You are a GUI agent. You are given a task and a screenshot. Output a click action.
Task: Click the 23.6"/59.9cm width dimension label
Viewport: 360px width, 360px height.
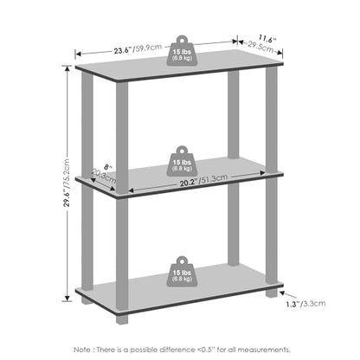pos(138,48)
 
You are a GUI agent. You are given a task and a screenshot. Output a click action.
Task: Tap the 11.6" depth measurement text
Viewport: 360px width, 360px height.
pos(267,38)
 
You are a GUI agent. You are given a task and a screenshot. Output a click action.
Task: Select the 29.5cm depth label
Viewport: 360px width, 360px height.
pos(260,47)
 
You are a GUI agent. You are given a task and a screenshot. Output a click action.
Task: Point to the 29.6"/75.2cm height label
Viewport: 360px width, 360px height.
pos(67,183)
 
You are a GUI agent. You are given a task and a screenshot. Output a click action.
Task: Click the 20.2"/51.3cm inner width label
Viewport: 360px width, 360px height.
pos(203,181)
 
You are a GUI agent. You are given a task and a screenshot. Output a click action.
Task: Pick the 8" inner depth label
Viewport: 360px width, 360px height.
pos(107,167)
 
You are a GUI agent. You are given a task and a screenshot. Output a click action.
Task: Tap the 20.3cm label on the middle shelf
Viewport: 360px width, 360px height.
pos(104,177)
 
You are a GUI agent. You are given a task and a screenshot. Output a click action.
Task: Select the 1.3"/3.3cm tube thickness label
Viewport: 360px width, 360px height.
pos(305,304)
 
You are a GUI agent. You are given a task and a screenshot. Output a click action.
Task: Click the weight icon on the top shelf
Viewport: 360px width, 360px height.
pos(182,50)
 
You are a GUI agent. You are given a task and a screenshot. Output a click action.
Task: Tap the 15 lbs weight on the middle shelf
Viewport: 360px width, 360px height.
pos(182,161)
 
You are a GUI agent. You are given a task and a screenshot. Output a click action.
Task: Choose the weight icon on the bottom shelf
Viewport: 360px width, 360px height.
pos(182,272)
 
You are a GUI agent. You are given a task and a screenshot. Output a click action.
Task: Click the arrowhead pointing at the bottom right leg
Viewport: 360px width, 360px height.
pos(283,292)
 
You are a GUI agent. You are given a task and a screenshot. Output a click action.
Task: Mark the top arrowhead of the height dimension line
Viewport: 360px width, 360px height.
pos(67,68)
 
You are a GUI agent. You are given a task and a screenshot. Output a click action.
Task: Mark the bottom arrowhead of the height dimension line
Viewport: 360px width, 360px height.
pos(67,299)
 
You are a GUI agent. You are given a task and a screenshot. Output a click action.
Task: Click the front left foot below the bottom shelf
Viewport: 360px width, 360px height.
pos(122,318)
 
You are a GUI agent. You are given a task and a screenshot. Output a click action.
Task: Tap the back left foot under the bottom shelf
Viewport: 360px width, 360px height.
pos(87,300)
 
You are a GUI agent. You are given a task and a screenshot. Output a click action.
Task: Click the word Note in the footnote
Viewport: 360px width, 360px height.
pos(82,350)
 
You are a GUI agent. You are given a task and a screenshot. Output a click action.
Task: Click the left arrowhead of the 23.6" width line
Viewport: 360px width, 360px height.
pos(78,54)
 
